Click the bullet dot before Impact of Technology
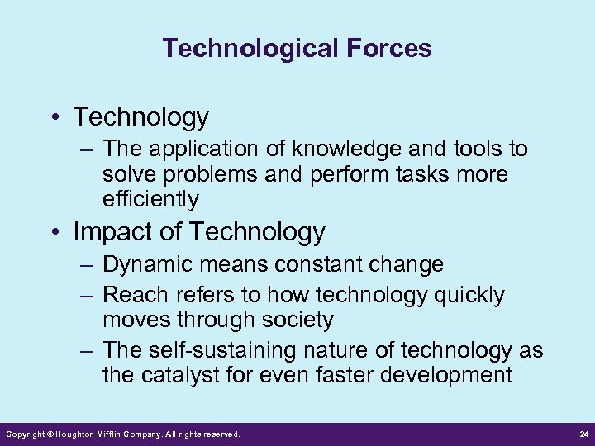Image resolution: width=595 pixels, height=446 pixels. [x=56, y=233]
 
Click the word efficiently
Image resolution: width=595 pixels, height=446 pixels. [x=150, y=199]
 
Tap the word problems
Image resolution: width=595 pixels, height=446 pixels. [x=206, y=175]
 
